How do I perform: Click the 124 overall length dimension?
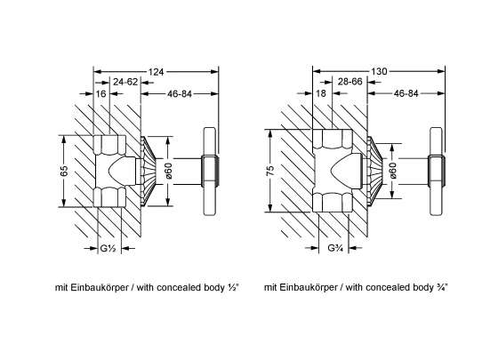pos(156,72)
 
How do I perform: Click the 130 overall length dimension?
pos(379,71)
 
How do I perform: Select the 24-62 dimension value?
pos(125,82)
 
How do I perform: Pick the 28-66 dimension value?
pos(350,82)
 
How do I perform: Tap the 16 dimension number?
pos(100,94)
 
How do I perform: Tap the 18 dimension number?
pos(321,93)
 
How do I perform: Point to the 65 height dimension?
pos(64,171)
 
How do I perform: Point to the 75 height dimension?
pos(270,171)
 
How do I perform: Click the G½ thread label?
pos(108,248)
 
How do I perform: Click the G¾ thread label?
pos(335,248)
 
